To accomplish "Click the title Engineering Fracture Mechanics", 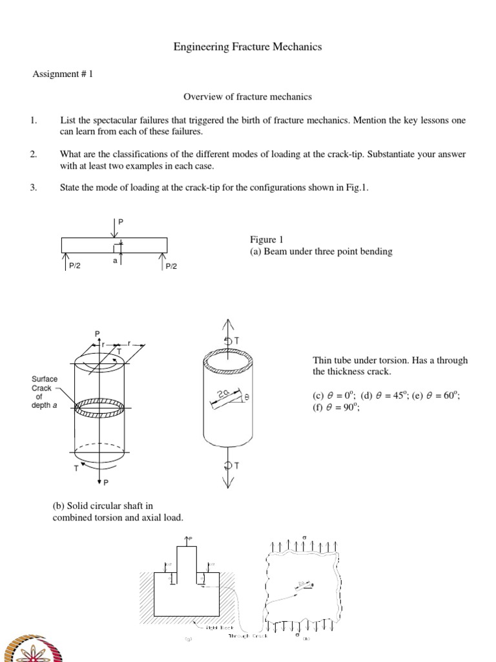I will (248, 47).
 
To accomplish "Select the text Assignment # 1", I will (63, 74).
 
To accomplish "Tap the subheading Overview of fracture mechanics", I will (247, 97).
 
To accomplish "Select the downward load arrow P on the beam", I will (115, 228).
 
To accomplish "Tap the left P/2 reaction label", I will (74, 266).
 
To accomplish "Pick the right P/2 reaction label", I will (172, 266).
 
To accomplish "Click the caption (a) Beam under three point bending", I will (321, 251).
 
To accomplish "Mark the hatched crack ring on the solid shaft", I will (99, 408).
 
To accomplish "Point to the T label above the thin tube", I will (236, 340).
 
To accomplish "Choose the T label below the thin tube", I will (236, 466).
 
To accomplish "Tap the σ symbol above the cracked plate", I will (304, 537).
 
